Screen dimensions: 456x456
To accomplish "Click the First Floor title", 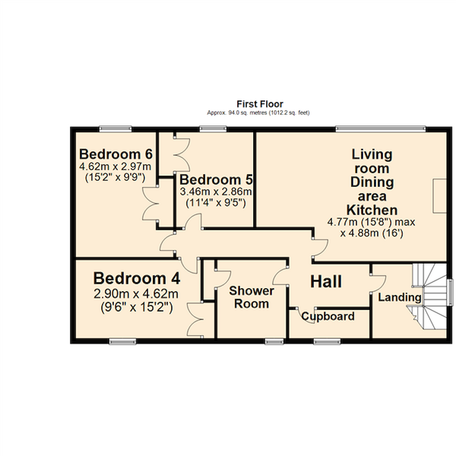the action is click(x=260, y=104).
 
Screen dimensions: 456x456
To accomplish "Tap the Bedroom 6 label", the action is click(x=116, y=154).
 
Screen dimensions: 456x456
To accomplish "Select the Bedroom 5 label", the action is click(x=216, y=179).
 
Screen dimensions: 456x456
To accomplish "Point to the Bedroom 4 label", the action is click(x=137, y=278).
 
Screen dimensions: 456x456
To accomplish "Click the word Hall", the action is click(x=326, y=282).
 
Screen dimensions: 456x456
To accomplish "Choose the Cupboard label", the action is click(x=328, y=317).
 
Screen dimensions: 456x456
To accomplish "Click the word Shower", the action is click(x=251, y=291).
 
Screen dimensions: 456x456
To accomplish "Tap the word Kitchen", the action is click(x=372, y=210).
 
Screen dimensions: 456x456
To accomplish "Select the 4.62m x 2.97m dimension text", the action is click(x=115, y=167).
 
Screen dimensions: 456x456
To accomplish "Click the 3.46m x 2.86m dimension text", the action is click(x=216, y=192).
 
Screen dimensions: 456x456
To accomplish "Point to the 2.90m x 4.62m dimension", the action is click(x=136, y=294).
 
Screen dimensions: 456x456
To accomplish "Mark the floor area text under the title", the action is click(x=258, y=113).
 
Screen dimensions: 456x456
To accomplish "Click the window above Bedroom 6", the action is click(x=116, y=129).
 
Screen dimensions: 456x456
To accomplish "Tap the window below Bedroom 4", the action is click(x=122, y=341).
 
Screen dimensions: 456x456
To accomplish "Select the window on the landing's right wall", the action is click(x=451, y=292).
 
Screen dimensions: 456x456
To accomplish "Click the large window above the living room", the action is click(x=380, y=129).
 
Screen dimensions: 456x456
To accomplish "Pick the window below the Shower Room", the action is click(x=274, y=341).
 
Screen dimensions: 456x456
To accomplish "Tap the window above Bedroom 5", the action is click(x=213, y=129).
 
